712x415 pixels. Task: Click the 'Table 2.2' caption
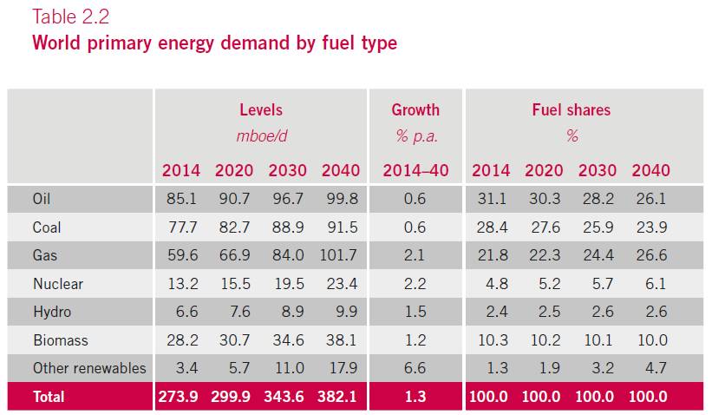click(x=71, y=17)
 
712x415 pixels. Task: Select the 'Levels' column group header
click(x=261, y=110)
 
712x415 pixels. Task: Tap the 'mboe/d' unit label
click(x=261, y=136)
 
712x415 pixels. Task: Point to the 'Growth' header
click(x=415, y=110)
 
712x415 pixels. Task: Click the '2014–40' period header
click(x=415, y=170)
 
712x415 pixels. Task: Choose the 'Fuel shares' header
click(x=571, y=110)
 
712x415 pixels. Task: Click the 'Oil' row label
click(x=42, y=199)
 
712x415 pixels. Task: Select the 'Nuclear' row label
click(x=56, y=284)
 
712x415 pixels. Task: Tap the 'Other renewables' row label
click(x=89, y=368)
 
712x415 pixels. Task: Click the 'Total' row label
click(x=49, y=397)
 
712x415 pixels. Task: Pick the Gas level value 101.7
click(x=337, y=255)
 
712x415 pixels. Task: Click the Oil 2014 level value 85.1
click(x=180, y=199)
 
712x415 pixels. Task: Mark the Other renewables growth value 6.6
click(x=415, y=368)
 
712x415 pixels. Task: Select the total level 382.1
click(x=337, y=397)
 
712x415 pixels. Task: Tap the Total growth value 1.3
click(x=415, y=397)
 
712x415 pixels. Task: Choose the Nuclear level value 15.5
click(x=233, y=284)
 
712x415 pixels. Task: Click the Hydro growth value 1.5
click(x=415, y=312)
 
